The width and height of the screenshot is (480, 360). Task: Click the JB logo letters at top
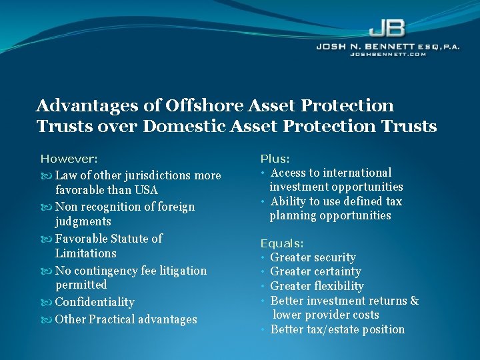[386, 28]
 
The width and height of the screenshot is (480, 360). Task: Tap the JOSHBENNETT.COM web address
[387, 54]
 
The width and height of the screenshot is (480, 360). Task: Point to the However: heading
[69, 159]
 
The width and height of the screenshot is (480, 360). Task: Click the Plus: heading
[275, 159]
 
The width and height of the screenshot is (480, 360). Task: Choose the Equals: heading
[282, 243]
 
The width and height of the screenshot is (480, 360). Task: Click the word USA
[145, 190]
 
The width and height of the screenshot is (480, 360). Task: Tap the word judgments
[83, 221]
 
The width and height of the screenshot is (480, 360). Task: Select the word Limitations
[85, 253]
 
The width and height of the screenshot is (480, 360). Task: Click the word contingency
[103, 271]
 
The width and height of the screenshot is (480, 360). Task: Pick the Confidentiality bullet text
[95, 302]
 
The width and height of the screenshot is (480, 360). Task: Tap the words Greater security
[313, 257]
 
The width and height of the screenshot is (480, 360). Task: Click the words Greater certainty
[315, 271]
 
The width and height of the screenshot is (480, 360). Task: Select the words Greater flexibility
[317, 286]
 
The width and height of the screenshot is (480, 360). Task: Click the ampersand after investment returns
[414, 301]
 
